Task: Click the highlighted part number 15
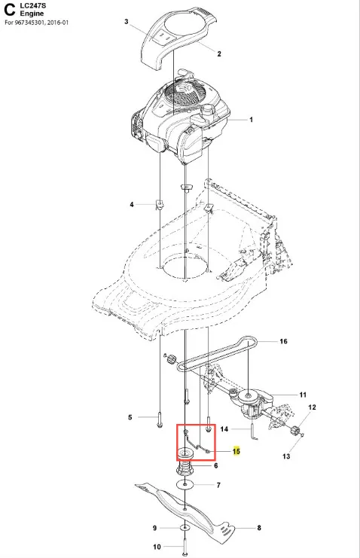click(x=236, y=451)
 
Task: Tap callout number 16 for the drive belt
click(x=283, y=341)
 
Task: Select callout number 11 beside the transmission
click(x=303, y=395)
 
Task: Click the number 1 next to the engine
click(x=251, y=120)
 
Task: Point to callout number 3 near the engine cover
click(x=126, y=22)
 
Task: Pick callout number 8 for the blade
click(x=259, y=528)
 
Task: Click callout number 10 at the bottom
click(x=157, y=547)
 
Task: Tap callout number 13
click(x=286, y=456)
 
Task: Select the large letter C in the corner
click(x=9, y=10)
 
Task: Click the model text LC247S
click(x=33, y=6)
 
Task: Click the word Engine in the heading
click(x=32, y=14)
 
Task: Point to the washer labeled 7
click(x=185, y=484)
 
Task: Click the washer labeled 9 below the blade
click(x=185, y=527)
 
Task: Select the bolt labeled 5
click(x=159, y=419)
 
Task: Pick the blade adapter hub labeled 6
click(x=185, y=467)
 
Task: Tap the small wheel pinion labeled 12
click(x=294, y=430)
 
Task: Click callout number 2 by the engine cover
click(x=219, y=53)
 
